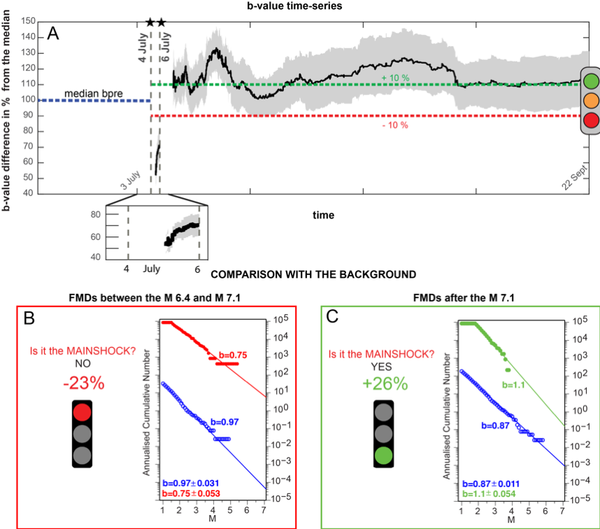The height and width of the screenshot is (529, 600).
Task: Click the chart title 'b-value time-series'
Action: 299,6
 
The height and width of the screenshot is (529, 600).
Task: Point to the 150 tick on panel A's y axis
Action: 27,22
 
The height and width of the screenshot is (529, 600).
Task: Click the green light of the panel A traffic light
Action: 592,80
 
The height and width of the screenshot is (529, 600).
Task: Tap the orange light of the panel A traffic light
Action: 592,99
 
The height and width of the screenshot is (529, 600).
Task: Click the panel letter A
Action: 52,32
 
